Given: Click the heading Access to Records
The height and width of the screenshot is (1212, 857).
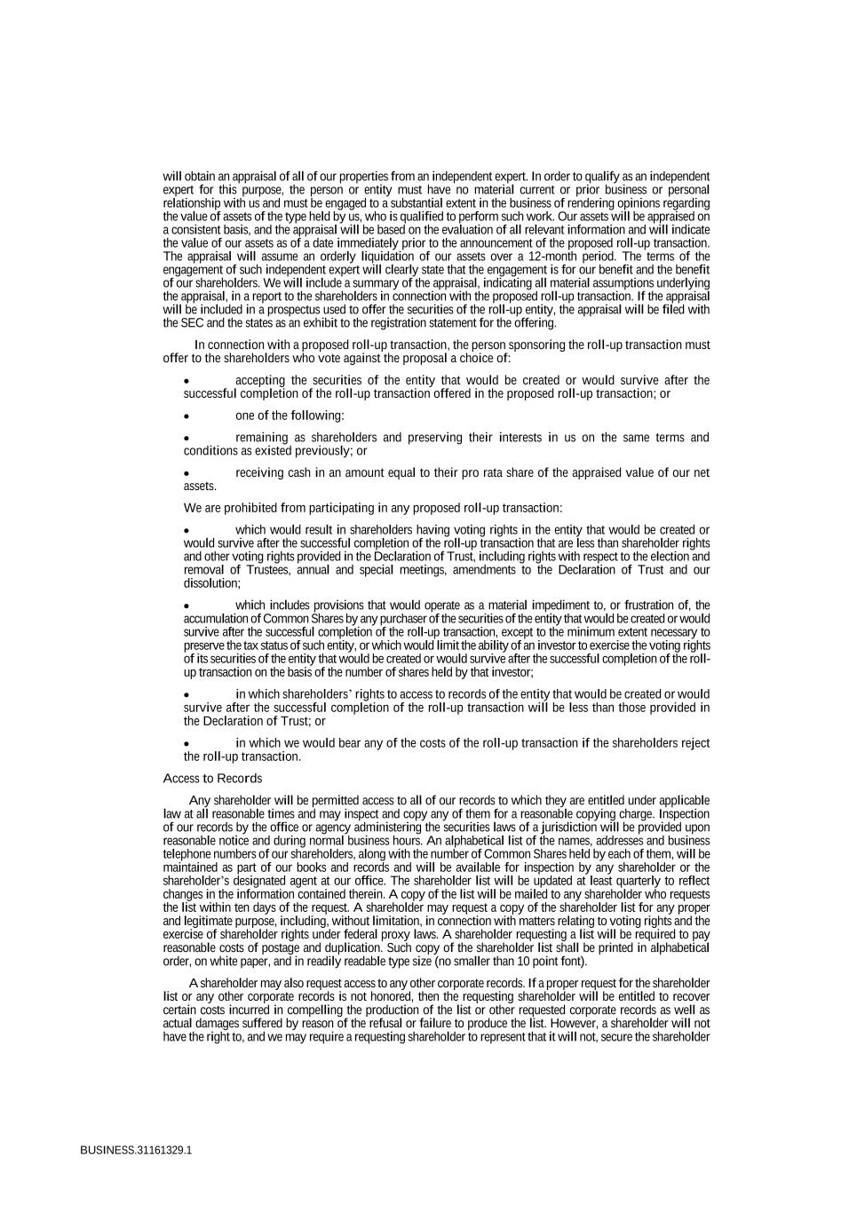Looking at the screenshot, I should tap(212, 779).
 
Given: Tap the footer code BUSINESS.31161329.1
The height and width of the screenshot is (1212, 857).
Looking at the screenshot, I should tap(136, 1149).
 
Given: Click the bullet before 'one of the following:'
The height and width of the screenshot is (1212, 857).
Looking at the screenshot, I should tap(186, 416).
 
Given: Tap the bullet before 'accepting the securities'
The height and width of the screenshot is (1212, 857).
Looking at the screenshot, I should tap(186, 381).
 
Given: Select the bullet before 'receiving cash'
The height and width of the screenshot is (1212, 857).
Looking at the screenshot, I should tap(186, 473).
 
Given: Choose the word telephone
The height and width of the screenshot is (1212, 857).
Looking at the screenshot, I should tap(186, 854).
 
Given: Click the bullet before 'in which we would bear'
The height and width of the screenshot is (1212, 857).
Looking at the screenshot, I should tap(186, 744).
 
